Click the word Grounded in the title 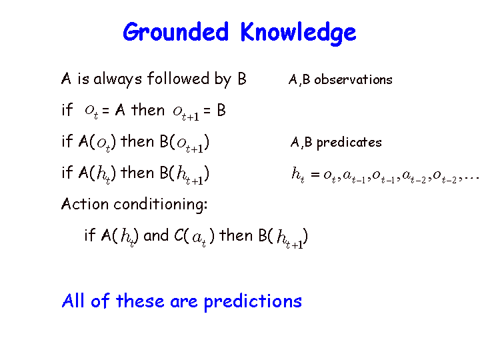176,33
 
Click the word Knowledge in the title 298,33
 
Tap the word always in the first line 117,79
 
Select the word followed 179,79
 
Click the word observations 353,80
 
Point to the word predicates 349,143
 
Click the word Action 85,204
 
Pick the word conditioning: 161,205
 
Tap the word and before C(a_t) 156,235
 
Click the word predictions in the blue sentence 253,302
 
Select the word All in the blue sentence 73,300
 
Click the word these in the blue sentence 140,301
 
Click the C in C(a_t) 179,235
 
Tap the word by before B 223,79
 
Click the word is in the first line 83,79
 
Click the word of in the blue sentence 101,301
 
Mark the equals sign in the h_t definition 315,175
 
